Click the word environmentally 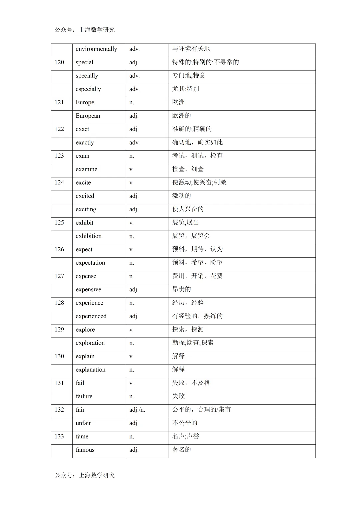pyautogui.click(x=96, y=49)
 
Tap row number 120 pyautogui.click(x=59, y=62)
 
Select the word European pyautogui.click(x=88, y=116)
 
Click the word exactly pyautogui.click(x=85, y=143)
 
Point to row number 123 pyautogui.click(x=59, y=156)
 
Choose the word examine pyautogui.click(x=86, y=169)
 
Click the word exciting pyautogui.click(x=86, y=209)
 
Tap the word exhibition pyautogui.click(x=88, y=236)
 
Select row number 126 pyautogui.click(x=59, y=249)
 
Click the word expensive pyautogui.click(x=88, y=289)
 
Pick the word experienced pyautogui.click(x=91, y=316)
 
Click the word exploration pyautogui.click(x=90, y=343)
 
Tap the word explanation pyautogui.click(x=90, y=369)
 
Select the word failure pyautogui.click(x=84, y=396)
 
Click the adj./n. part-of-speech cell pyautogui.click(x=137, y=410)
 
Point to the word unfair pyautogui.click(x=83, y=423)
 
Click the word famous pyautogui.click(x=85, y=450)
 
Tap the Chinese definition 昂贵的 pyautogui.click(x=181, y=289)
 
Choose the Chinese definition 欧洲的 pyautogui.click(x=181, y=116)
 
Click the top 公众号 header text pyautogui.click(x=85, y=30)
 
